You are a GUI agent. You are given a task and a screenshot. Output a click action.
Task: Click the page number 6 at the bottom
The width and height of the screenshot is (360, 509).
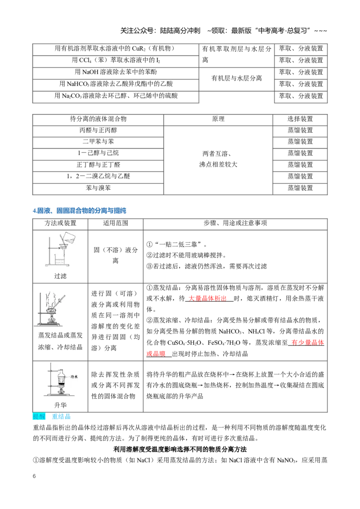(x=34, y=476)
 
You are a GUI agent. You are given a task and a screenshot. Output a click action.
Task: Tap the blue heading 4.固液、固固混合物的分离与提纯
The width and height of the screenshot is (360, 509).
(x=79, y=211)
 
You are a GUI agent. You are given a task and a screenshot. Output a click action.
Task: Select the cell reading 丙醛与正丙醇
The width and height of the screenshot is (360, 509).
(x=98, y=130)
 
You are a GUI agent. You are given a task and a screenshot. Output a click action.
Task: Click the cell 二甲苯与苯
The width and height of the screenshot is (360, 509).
(x=98, y=142)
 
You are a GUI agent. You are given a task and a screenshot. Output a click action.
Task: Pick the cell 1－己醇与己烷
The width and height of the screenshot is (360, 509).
(x=98, y=153)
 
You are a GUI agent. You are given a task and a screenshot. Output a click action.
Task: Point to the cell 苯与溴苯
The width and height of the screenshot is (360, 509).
(x=98, y=188)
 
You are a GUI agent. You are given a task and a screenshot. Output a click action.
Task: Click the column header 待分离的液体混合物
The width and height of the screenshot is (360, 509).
(x=98, y=119)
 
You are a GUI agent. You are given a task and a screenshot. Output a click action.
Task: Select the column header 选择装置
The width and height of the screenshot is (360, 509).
(x=300, y=119)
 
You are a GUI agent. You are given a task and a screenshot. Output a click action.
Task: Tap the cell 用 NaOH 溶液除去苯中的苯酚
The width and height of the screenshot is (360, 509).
(x=116, y=72)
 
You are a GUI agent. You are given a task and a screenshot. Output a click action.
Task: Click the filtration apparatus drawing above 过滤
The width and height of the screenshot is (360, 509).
(x=60, y=249)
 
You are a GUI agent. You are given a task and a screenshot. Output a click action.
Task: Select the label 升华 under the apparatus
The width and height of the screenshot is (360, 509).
(x=60, y=406)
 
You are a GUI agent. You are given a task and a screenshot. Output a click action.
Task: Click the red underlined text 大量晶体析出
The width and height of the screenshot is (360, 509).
(x=207, y=299)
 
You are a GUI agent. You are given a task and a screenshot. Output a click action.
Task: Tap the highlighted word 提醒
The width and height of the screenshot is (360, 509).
(x=39, y=416)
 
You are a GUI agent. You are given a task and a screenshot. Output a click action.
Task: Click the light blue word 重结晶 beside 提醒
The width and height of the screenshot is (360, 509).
(x=61, y=416)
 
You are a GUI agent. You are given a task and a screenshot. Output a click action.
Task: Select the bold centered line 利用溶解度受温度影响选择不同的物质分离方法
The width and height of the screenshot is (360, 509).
(x=180, y=450)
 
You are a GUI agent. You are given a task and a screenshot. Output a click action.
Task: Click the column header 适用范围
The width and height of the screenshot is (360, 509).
(x=115, y=223)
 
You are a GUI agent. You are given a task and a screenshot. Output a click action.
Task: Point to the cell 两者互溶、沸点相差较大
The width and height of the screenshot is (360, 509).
(x=218, y=159)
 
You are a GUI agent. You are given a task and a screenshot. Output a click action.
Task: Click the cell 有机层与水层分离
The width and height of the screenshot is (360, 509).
(x=237, y=78)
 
